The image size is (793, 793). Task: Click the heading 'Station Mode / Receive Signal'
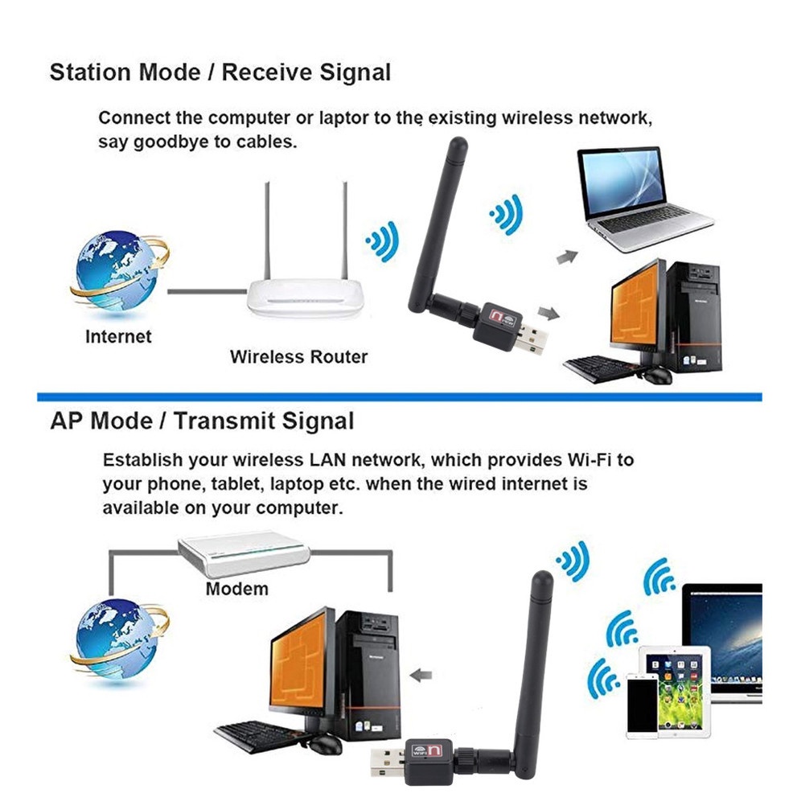point(220,72)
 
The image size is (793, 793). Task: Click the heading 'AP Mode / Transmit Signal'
point(202,421)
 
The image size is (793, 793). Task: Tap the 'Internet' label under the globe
point(118,337)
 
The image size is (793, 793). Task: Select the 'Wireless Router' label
point(298,357)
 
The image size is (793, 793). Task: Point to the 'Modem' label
point(236,589)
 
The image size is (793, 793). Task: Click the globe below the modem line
point(119,640)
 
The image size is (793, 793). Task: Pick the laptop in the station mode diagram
point(643,199)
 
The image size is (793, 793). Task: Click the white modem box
point(244,553)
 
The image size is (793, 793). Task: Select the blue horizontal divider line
point(400,397)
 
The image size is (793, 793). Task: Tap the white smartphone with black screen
point(643,705)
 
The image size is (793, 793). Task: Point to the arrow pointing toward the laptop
point(567,257)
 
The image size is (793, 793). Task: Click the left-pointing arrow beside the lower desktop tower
point(421,675)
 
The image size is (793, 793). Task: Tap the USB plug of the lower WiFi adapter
point(388,758)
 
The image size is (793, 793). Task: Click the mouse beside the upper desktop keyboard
point(656,375)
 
